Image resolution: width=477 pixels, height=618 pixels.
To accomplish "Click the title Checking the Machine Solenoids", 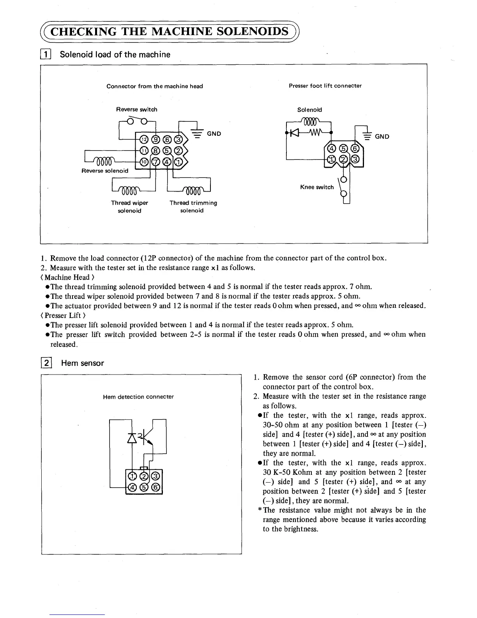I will coord(171,31).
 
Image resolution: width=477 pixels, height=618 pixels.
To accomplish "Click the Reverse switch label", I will coord(136,109).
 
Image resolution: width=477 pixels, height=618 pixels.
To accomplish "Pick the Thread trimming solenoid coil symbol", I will coord(192,191).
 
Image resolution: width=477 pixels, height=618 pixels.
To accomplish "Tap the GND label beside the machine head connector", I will coord(214,133).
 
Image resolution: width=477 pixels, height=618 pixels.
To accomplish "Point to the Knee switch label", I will coord(317,187).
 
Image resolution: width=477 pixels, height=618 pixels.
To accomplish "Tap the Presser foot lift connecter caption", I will coord(325,86).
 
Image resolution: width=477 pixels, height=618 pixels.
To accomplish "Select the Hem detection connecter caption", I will coord(138,397).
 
